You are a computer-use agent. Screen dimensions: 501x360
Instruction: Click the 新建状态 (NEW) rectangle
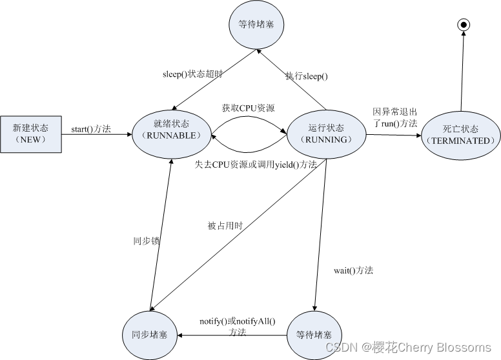point(31,134)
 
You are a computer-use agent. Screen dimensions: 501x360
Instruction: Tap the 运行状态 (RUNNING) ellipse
point(326,134)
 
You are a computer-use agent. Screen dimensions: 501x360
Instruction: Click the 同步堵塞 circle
point(150,335)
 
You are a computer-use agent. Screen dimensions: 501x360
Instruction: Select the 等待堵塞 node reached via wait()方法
point(314,335)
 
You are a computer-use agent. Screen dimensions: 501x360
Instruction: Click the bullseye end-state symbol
point(462,25)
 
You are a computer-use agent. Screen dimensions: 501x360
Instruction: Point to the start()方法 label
point(91,129)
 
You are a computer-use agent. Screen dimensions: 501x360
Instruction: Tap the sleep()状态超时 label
point(192,74)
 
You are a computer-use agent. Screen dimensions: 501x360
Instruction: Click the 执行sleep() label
point(307,76)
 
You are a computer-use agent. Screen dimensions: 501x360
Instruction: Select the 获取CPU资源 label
point(248,108)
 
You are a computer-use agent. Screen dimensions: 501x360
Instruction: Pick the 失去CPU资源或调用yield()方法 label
point(256,165)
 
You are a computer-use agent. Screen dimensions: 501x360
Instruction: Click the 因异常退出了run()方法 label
point(394,117)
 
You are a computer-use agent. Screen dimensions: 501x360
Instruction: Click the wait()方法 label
point(353,270)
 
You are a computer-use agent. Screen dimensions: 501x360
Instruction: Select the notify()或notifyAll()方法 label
point(237,326)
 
